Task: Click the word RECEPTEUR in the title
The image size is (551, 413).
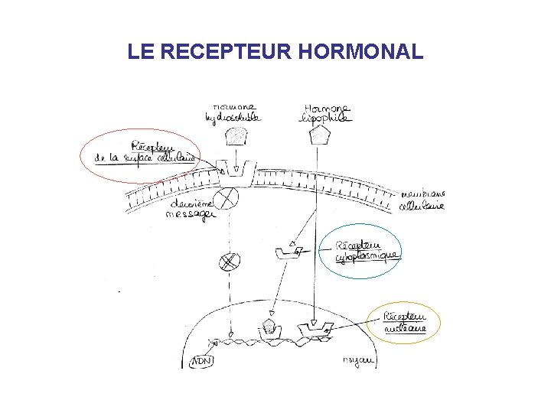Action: tap(227, 52)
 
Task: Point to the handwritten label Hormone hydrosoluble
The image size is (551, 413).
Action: tap(233, 112)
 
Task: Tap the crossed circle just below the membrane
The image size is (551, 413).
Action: tap(227, 198)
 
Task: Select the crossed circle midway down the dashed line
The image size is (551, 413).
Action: tap(227, 262)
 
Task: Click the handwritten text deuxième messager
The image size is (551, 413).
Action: tap(191, 209)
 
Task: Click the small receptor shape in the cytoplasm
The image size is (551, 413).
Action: tap(288, 251)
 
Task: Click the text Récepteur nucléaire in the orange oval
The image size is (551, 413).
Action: tap(404, 323)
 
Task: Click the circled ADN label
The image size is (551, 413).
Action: tap(202, 359)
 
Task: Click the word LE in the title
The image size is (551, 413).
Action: tap(142, 52)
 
